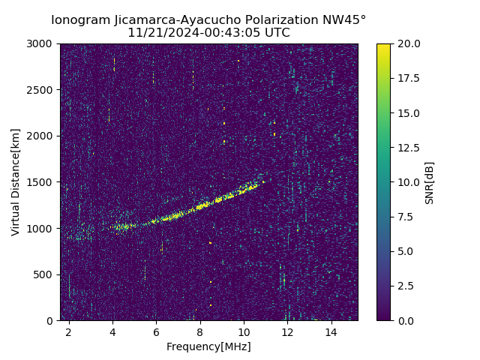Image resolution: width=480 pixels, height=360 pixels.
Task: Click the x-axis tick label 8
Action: coord(200,331)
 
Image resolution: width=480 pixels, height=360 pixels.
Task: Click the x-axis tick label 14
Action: coord(331,331)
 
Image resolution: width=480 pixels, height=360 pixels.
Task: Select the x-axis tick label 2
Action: coord(69,331)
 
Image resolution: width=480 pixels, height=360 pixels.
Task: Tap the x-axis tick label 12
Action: coord(287,331)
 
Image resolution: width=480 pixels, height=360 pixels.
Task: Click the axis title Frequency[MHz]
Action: coord(208,346)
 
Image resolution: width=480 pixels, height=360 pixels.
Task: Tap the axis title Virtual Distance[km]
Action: coord(16,182)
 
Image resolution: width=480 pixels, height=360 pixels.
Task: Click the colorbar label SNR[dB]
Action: coord(430,182)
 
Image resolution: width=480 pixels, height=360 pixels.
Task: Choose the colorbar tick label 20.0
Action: coord(408,44)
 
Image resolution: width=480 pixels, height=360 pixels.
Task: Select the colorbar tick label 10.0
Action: coord(408,182)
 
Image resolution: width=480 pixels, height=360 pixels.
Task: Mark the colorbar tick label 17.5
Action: coord(408,79)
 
